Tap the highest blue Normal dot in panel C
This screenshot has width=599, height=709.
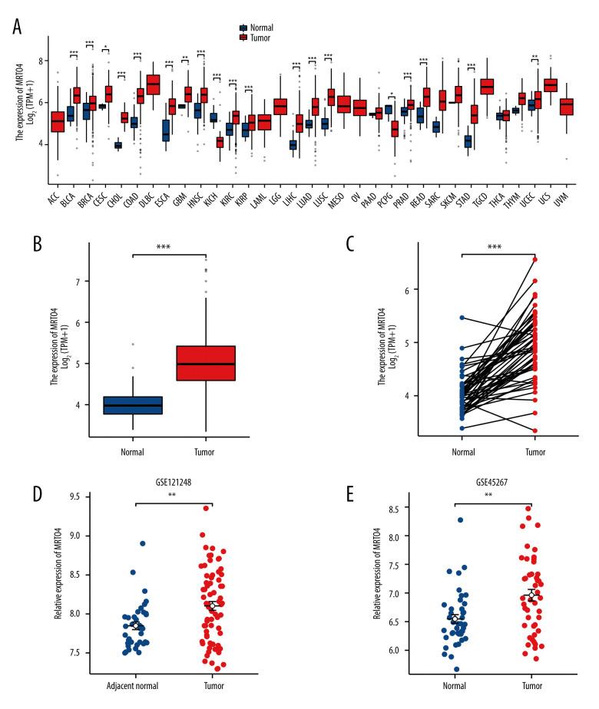coord(461,317)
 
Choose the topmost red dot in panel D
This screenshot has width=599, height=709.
coord(207,529)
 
